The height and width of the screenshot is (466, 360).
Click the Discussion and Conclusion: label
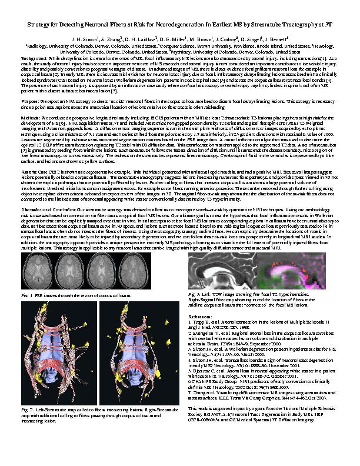(49, 208)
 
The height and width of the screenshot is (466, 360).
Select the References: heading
(201, 315)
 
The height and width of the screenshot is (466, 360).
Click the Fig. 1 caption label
(28, 293)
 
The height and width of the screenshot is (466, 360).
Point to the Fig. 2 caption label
(28, 409)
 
